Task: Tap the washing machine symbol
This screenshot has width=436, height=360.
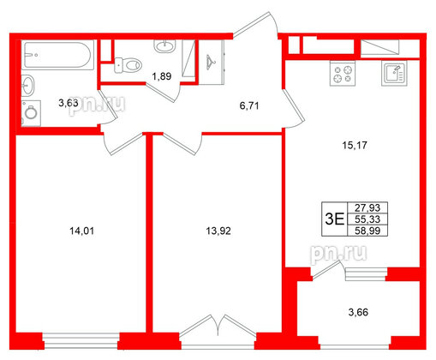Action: click(33, 111)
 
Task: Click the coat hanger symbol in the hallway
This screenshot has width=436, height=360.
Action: click(212, 61)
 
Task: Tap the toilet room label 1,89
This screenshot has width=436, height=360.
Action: click(161, 77)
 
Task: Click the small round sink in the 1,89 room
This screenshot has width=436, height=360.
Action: click(162, 44)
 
